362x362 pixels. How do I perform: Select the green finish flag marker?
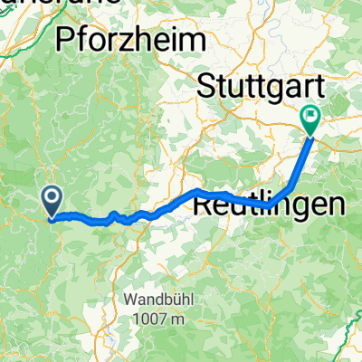click(310, 119)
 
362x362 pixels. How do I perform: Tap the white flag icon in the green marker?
click(310, 114)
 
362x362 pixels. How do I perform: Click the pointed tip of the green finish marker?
click(310, 136)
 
